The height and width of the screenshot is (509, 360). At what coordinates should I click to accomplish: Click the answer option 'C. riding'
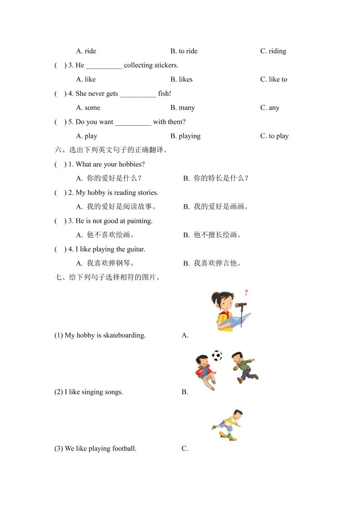click(x=273, y=51)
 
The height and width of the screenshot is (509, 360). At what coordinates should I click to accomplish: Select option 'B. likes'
click(x=181, y=79)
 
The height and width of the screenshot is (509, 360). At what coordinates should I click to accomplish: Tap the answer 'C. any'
click(x=270, y=108)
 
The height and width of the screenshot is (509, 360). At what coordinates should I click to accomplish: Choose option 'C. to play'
click(x=274, y=136)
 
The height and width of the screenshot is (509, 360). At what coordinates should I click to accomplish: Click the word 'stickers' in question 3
click(x=166, y=65)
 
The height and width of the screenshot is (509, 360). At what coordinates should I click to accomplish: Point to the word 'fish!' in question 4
click(x=164, y=93)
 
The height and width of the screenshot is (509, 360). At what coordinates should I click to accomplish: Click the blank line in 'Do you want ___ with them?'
click(x=133, y=122)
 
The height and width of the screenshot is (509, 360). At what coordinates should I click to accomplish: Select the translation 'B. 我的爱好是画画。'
click(x=216, y=207)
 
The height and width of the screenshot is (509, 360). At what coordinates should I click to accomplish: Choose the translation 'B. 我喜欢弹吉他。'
click(x=212, y=263)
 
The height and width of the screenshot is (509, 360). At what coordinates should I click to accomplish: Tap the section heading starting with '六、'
click(x=111, y=150)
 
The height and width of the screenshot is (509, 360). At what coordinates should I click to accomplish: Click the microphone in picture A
click(x=241, y=305)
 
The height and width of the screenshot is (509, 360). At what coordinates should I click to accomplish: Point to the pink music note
click(x=246, y=292)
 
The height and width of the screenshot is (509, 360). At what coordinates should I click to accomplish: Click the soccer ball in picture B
click(x=217, y=356)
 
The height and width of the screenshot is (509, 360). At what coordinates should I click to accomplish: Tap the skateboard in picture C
click(x=228, y=436)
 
